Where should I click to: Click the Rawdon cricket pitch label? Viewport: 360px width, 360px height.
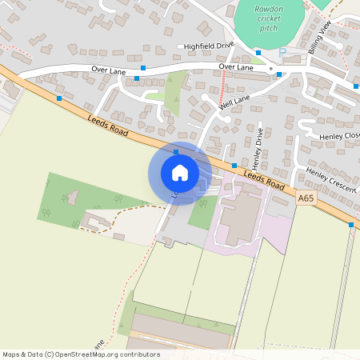pyautogui.click(x=268, y=18)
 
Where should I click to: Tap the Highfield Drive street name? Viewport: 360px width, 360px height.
pyautogui.click(x=209, y=46)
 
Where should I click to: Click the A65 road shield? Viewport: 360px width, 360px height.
pyautogui.click(x=306, y=198)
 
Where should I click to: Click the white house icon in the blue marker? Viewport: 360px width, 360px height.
pyautogui.click(x=179, y=172)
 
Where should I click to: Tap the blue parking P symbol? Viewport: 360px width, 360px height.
pyautogui.click(x=281, y=53)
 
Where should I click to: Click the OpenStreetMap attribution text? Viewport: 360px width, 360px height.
pyautogui.click(x=81, y=354)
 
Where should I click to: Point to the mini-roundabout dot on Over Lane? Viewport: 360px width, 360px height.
pyautogui.click(x=272, y=70)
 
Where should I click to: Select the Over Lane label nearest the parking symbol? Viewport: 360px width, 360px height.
pyautogui.click(x=236, y=68)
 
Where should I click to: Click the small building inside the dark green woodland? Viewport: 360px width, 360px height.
pyautogui.click(x=71, y=195)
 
